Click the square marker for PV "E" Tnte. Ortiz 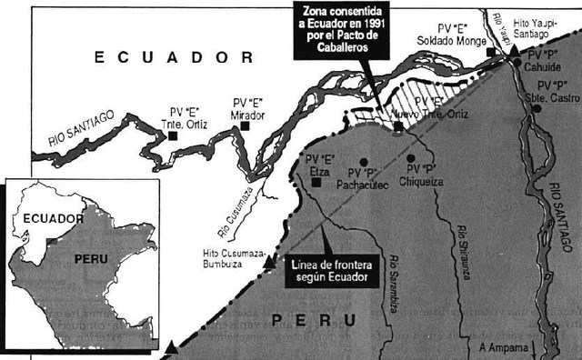(171, 135)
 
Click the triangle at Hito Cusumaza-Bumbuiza (268, 264)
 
